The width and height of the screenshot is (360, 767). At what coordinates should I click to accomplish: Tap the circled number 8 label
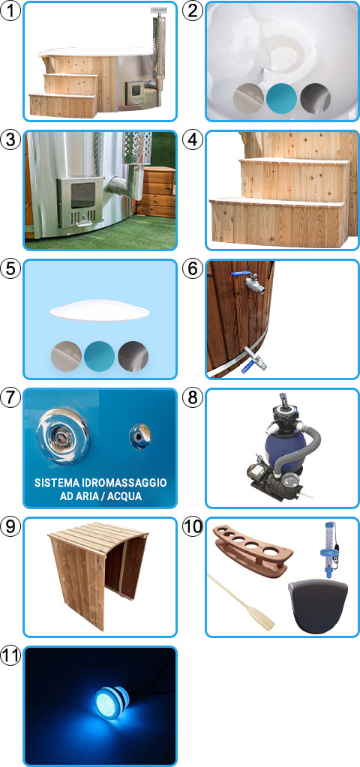(193, 397)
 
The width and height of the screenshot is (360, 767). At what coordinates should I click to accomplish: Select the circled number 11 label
(11, 655)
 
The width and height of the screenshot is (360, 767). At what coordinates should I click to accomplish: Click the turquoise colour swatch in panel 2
(282, 97)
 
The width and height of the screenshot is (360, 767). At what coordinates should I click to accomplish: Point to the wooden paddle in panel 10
(241, 601)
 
